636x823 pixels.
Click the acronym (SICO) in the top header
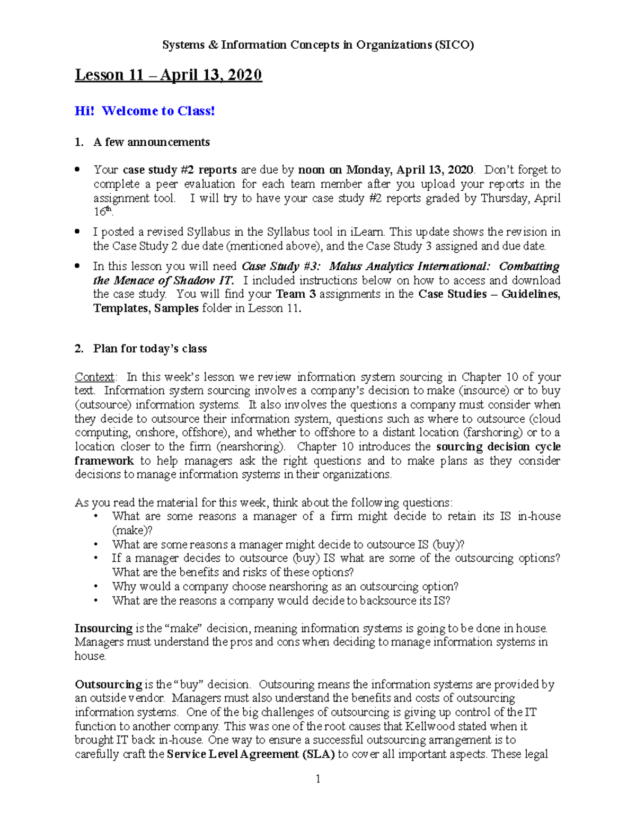pyautogui.click(x=454, y=45)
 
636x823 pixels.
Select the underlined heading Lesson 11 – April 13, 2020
pyautogui.click(x=168, y=75)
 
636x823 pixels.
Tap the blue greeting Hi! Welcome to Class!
pyautogui.click(x=145, y=111)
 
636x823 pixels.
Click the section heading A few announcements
pyautogui.click(x=151, y=142)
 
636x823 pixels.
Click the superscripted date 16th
pyautogui.click(x=103, y=211)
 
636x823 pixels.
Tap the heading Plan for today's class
pyautogui.click(x=149, y=349)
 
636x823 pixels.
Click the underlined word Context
pyautogui.click(x=94, y=377)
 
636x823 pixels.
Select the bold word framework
pyautogui.click(x=104, y=461)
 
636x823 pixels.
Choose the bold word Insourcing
pyautogui.click(x=103, y=629)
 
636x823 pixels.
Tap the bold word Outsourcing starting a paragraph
pyautogui.click(x=109, y=684)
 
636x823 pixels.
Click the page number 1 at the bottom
pyautogui.click(x=318, y=779)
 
